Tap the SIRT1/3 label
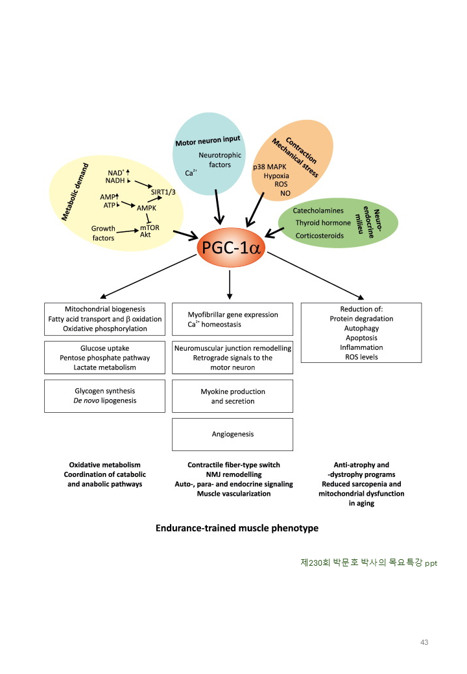[x=163, y=192]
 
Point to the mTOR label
[x=150, y=227]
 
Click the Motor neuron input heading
[x=208, y=140]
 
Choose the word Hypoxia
[x=276, y=176]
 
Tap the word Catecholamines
[x=317, y=211]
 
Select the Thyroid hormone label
[x=323, y=223]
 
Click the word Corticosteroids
[x=320, y=235]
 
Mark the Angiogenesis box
[x=232, y=434]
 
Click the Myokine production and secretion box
[x=232, y=396]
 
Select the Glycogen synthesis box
[x=105, y=396]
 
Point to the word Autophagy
[x=361, y=329]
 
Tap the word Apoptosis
[x=361, y=338]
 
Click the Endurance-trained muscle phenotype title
[x=237, y=528]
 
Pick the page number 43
[x=424, y=642]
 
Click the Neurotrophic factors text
[x=220, y=160]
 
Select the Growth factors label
[x=103, y=233]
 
